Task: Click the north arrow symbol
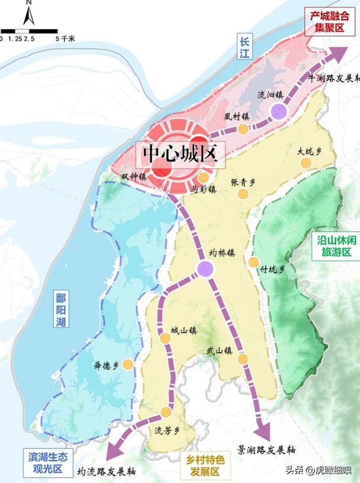click(x=28, y=12)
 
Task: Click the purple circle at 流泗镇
click(x=278, y=111)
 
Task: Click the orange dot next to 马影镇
click(x=203, y=178)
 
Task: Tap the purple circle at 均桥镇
click(x=205, y=268)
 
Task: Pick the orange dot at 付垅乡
click(x=254, y=262)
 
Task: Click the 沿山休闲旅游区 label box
click(x=335, y=244)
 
